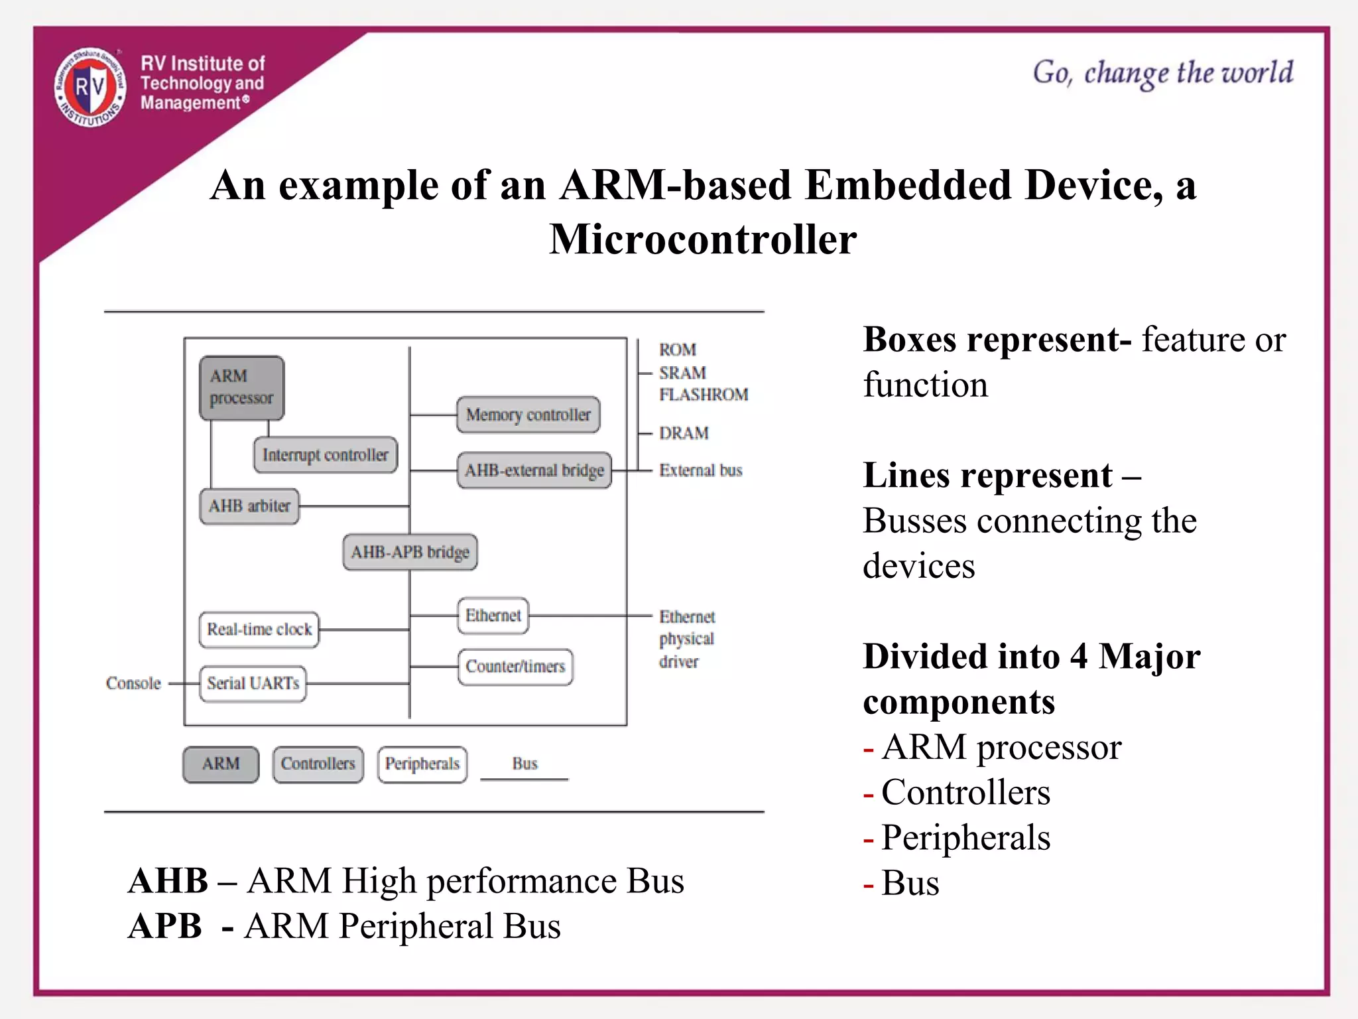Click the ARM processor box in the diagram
(x=241, y=387)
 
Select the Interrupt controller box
(x=325, y=455)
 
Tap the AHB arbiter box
(x=249, y=506)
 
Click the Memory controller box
(x=528, y=415)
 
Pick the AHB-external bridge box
(x=534, y=470)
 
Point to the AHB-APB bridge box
(x=410, y=552)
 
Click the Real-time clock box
(x=259, y=629)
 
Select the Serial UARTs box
(x=253, y=683)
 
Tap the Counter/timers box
(x=515, y=666)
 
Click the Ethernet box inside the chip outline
(x=493, y=616)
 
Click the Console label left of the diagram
(x=133, y=683)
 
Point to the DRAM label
(x=684, y=433)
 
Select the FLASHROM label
(x=704, y=395)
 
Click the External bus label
(x=700, y=470)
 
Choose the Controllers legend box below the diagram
(x=318, y=764)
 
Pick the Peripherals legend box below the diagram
(x=422, y=764)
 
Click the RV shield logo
(x=90, y=88)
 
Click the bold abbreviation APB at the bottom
(x=165, y=925)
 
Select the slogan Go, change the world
(x=1162, y=73)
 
